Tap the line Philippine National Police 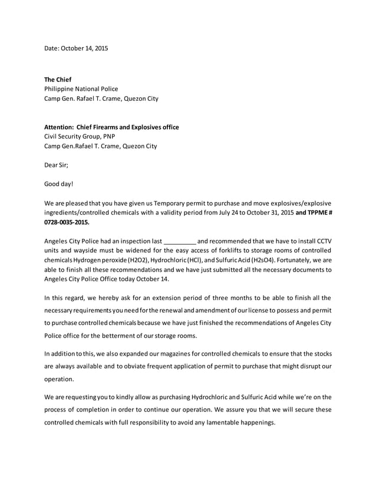point(81,89)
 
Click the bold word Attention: point(59,127)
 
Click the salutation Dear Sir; point(57,165)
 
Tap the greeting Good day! point(59,184)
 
